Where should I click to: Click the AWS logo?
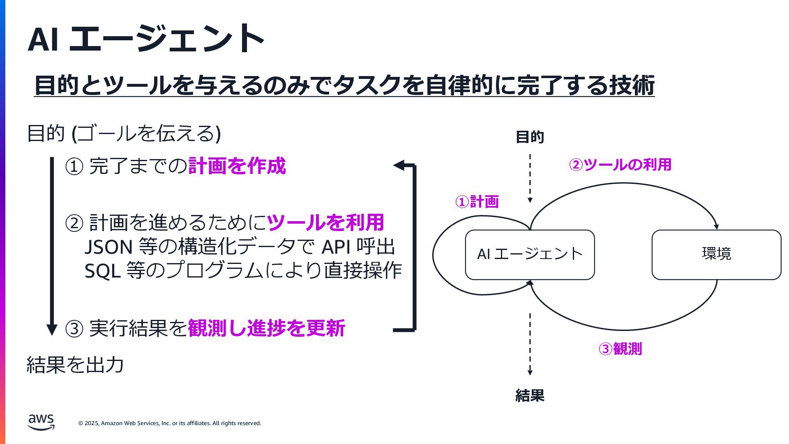tap(41, 422)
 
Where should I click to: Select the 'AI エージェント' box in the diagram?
tap(530, 254)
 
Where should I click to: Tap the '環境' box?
tap(716, 254)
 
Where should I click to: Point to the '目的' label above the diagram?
tap(530, 137)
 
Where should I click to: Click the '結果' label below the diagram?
tap(530, 395)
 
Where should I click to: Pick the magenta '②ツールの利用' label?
tap(620, 165)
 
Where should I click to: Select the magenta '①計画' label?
tap(477, 202)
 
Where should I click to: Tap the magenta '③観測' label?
tap(620, 349)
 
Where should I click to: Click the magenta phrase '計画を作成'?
tap(237, 166)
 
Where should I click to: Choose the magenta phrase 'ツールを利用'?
tap(325, 222)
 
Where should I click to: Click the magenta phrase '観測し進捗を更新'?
tap(266, 328)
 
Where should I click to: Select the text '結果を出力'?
tap(75, 365)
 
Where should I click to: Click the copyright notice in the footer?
tap(169, 423)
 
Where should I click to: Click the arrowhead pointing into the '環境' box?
tap(716, 227)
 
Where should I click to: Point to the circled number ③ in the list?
tap(74, 328)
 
